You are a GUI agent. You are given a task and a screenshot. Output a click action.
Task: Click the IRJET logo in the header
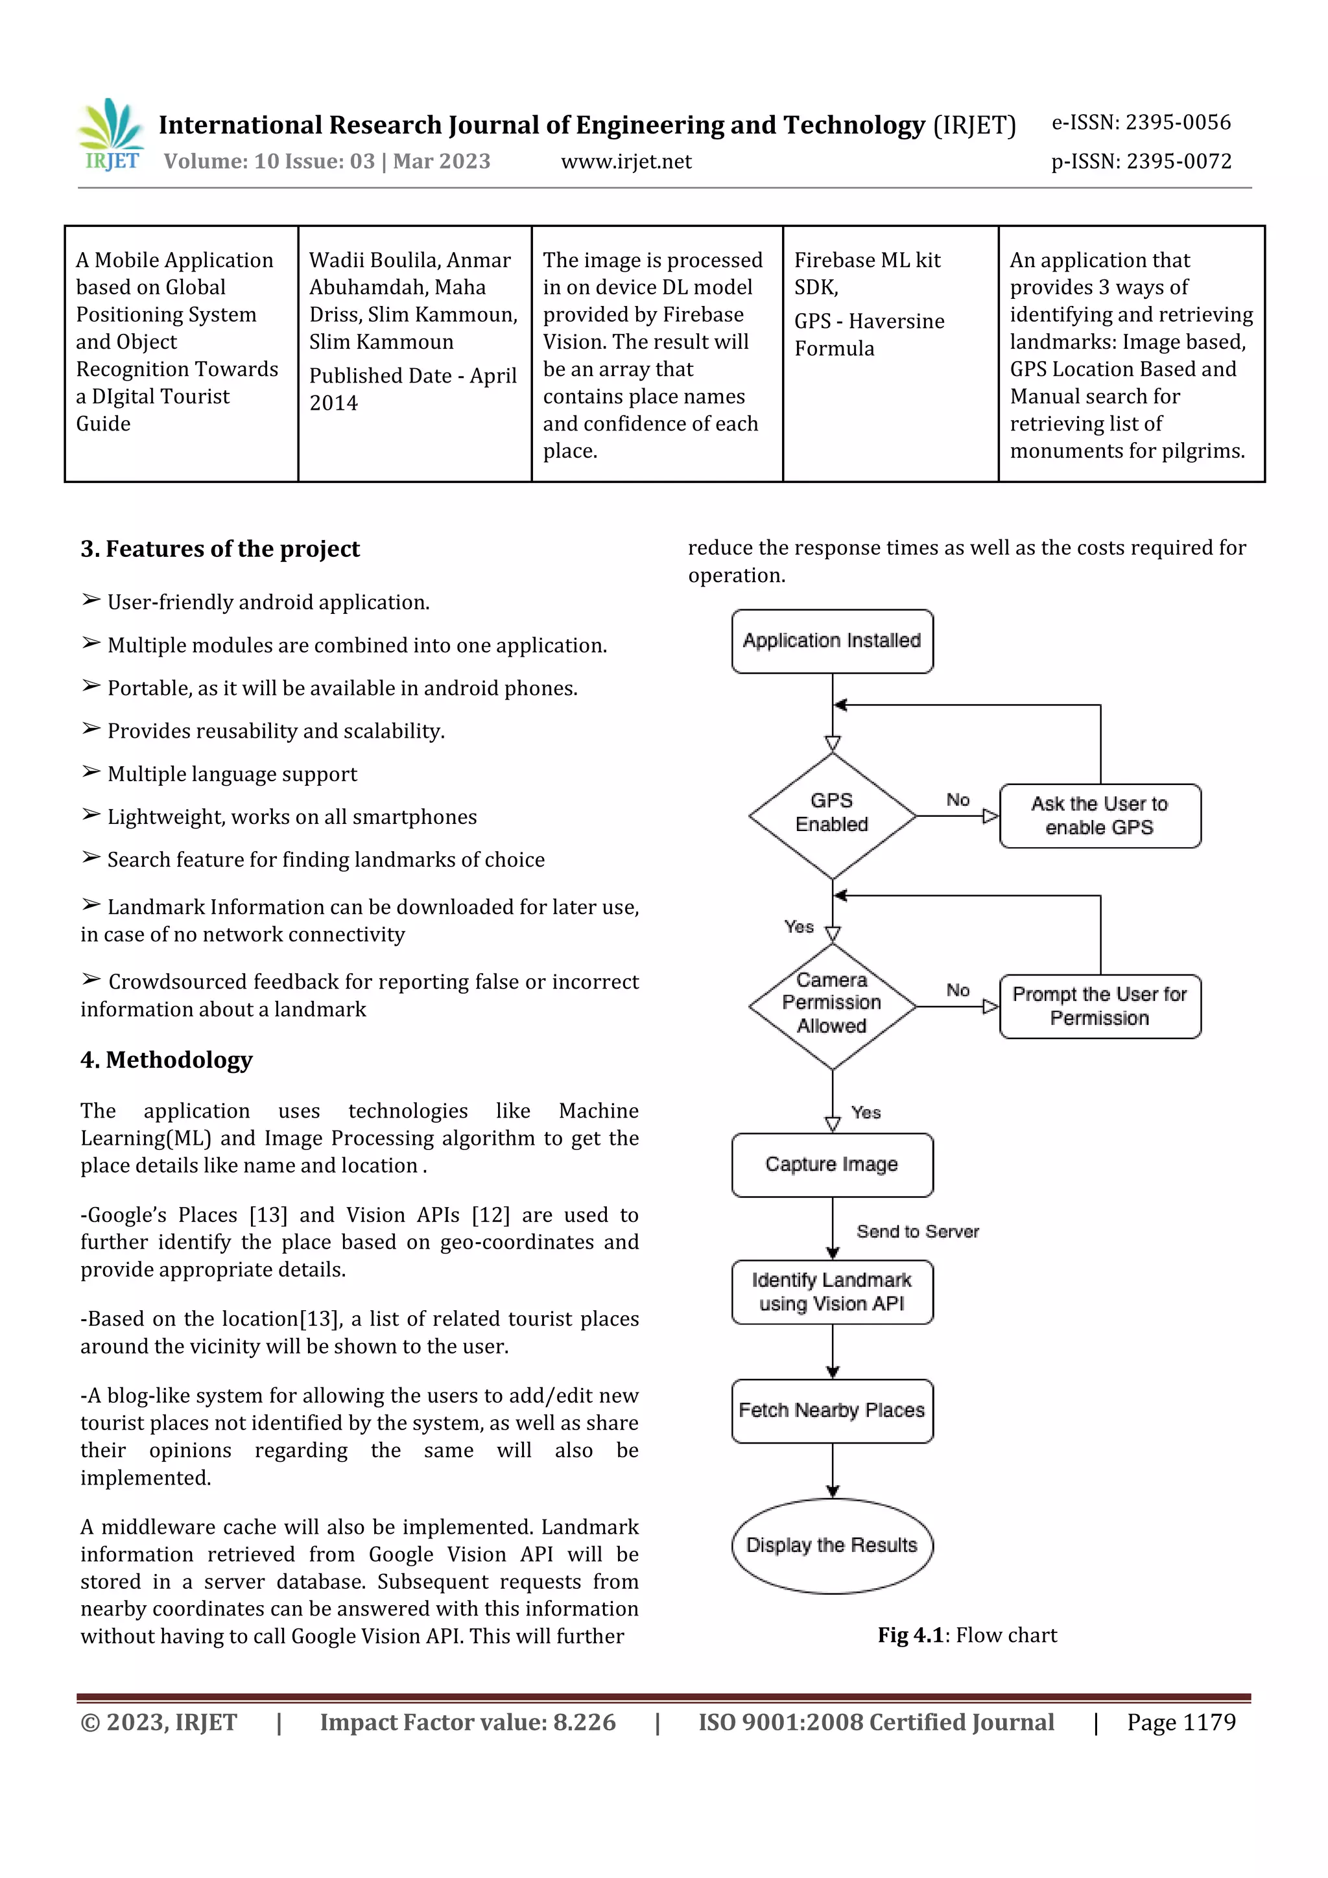[112, 135]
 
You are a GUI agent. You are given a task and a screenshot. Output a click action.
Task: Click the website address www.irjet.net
[626, 162]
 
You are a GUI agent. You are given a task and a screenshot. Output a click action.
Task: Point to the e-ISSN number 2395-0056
[1141, 123]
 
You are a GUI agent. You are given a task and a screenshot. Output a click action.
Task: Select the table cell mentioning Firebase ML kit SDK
[890, 353]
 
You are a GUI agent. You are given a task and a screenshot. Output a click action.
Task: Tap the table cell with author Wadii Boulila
[414, 353]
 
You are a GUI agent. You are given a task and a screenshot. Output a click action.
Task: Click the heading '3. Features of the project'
[220, 549]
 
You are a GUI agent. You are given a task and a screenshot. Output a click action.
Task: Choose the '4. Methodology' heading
[166, 1060]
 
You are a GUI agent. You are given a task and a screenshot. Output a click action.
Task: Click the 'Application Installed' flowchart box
[832, 641]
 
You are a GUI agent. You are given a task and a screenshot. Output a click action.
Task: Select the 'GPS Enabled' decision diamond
[832, 815]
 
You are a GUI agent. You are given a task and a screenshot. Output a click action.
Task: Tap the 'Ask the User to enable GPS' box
[1100, 816]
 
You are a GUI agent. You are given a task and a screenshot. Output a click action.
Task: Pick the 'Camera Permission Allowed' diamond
[832, 1004]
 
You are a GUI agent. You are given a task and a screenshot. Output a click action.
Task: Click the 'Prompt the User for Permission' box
[1100, 1006]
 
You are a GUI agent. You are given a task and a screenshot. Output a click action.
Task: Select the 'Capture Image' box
[832, 1165]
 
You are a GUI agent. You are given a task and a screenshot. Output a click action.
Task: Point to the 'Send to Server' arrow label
[918, 1231]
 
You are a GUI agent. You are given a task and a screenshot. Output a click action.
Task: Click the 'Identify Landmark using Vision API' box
[832, 1293]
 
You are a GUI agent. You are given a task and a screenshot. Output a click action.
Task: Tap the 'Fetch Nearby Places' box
[832, 1411]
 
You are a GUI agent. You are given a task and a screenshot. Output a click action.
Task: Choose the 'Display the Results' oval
[832, 1545]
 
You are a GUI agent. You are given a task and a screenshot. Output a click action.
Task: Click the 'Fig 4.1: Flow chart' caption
[967, 1635]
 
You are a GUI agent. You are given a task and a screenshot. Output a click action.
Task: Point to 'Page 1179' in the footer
[1181, 1722]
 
